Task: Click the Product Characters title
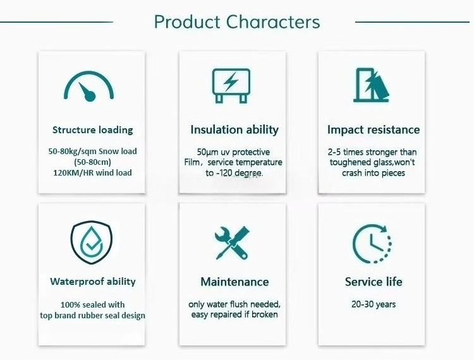(x=237, y=22)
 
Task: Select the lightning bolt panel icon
(x=231, y=86)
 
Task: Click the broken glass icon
(x=372, y=85)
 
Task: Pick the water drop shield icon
(x=91, y=243)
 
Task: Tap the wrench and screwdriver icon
(x=232, y=243)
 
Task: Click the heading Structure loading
(x=92, y=130)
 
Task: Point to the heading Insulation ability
(x=234, y=129)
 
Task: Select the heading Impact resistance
(x=374, y=129)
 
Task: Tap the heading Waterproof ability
(x=93, y=282)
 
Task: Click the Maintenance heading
(x=234, y=282)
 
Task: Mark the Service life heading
(x=374, y=282)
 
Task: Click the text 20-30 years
(x=374, y=304)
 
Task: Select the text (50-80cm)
(x=92, y=162)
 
